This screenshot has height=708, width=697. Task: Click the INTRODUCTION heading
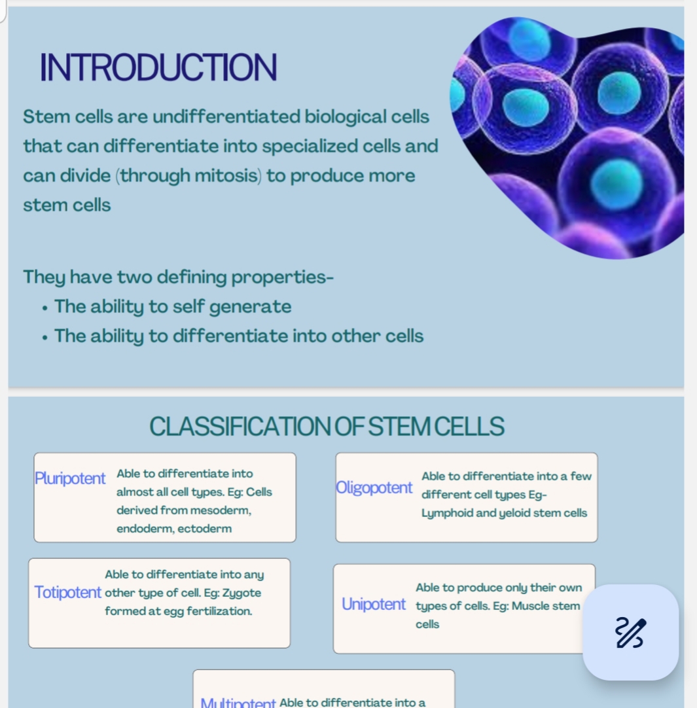pyautogui.click(x=158, y=67)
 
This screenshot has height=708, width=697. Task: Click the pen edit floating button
pyautogui.click(x=631, y=632)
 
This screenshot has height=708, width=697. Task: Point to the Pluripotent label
pyautogui.click(x=70, y=478)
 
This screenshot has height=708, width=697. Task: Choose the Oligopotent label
pyautogui.click(x=374, y=487)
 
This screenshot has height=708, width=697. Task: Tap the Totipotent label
pyautogui.click(x=68, y=592)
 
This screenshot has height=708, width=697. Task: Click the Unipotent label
pyautogui.click(x=374, y=604)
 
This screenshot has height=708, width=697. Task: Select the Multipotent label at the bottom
pyautogui.click(x=238, y=703)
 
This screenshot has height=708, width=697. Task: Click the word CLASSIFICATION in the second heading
pyautogui.click(x=240, y=426)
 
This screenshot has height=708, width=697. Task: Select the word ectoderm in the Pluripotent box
pyautogui.click(x=205, y=528)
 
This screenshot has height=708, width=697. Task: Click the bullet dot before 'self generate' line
pyautogui.click(x=45, y=308)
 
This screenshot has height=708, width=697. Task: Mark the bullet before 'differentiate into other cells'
pyautogui.click(x=45, y=338)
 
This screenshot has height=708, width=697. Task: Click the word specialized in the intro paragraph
pyautogui.click(x=312, y=147)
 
